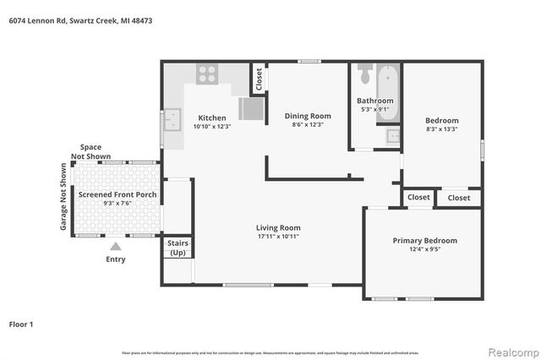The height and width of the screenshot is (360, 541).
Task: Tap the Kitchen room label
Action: coord(211,117)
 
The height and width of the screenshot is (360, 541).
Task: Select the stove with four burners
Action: coord(207,74)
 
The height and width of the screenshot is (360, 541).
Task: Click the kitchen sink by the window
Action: coord(173,121)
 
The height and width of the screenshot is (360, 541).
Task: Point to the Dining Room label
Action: coord(308,116)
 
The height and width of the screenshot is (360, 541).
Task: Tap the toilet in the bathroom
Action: coord(364,74)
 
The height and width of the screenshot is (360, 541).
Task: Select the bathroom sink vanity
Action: coord(393,135)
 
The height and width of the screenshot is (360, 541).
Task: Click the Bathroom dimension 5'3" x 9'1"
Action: coord(374,109)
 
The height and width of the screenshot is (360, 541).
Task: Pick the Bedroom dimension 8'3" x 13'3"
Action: coord(442,129)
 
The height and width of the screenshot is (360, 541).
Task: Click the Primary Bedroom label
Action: coord(424,240)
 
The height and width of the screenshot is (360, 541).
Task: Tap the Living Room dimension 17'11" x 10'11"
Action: coord(278,237)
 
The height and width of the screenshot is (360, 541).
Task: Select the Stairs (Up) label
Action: coord(178,248)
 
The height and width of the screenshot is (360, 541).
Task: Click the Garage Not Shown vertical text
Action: coord(63,200)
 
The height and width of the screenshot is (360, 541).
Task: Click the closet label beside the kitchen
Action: coord(259,79)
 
